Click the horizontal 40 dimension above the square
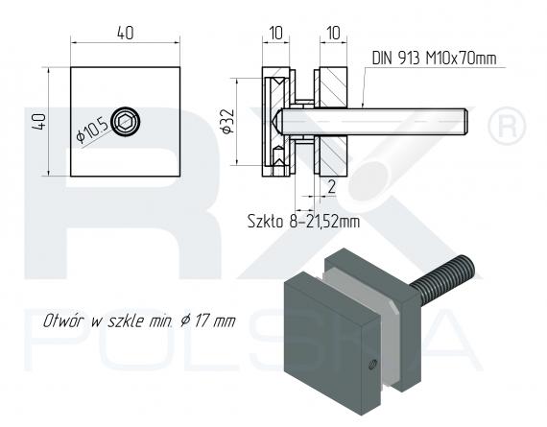125,33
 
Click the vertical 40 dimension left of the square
39,122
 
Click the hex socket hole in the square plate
125,122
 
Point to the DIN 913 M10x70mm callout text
435,59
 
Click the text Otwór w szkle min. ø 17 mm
138,320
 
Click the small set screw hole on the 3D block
369,365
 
